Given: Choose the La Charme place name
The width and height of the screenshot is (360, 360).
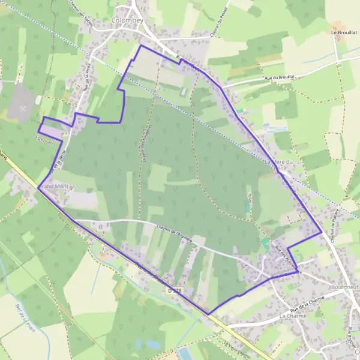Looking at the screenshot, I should [x=292, y=314].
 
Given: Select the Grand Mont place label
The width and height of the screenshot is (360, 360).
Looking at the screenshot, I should [x=55, y=187].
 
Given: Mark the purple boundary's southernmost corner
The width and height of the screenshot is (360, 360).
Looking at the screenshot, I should [x=208, y=314].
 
